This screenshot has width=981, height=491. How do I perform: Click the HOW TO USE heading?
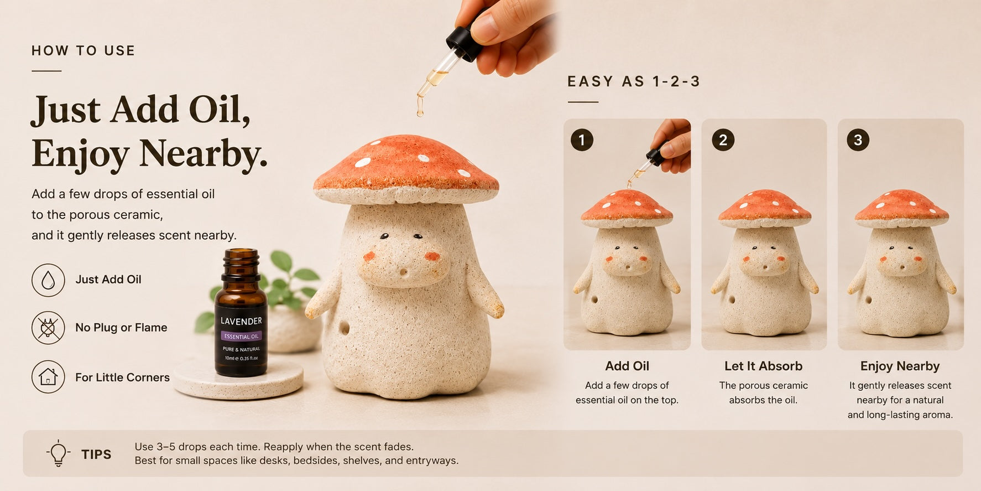[x=83, y=51]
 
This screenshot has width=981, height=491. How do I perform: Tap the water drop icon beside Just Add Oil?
[x=48, y=280]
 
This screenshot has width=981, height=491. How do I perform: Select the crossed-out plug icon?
[x=48, y=328]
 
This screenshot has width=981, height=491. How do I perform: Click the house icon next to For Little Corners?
[x=48, y=377]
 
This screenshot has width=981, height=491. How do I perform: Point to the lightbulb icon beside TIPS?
[x=58, y=453]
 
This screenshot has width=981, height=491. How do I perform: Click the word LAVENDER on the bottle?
[x=241, y=321]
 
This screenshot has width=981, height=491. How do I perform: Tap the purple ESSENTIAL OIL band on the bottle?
[x=241, y=336]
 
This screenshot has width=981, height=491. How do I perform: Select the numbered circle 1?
[x=582, y=140]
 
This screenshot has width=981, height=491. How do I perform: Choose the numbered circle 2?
[x=723, y=140]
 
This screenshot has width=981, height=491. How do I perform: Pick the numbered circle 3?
[x=858, y=140]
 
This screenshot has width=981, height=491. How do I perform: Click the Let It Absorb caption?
[x=763, y=366]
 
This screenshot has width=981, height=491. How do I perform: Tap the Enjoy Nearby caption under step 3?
[x=900, y=366]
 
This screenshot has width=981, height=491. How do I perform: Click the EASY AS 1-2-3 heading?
[x=634, y=82]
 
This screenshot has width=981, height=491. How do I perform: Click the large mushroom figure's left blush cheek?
[x=369, y=256]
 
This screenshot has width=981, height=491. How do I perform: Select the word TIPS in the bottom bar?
[x=96, y=454]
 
